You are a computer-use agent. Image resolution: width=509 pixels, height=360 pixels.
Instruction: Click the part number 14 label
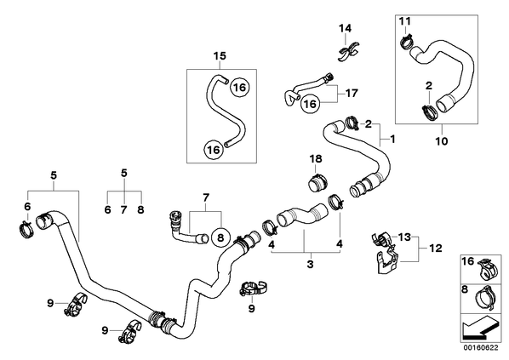(x=345, y=28)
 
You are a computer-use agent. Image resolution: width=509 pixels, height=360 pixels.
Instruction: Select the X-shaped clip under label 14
(x=348, y=52)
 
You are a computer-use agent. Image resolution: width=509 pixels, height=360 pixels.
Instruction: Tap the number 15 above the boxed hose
(x=220, y=56)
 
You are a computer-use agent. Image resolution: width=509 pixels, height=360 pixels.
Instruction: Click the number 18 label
(x=316, y=159)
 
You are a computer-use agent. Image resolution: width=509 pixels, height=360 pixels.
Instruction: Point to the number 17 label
(x=352, y=93)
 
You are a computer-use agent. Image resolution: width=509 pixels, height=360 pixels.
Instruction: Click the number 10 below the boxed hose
(x=442, y=141)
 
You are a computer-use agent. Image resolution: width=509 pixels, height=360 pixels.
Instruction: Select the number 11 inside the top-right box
(x=405, y=21)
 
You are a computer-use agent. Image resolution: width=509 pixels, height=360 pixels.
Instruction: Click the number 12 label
(x=436, y=249)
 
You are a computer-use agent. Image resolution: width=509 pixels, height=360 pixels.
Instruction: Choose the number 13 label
(x=405, y=237)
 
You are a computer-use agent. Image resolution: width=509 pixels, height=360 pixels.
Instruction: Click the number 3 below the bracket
(x=311, y=264)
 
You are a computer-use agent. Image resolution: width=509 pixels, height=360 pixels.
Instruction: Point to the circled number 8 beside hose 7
(x=220, y=238)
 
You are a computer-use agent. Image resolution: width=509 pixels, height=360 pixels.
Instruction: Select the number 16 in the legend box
(x=468, y=261)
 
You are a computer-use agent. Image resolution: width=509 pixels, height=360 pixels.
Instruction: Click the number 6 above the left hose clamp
(x=27, y=206)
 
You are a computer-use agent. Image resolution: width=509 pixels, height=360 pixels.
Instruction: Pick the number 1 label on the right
(x=392, y=140)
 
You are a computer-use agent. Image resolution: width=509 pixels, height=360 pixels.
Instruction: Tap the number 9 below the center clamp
(x=252, y=308)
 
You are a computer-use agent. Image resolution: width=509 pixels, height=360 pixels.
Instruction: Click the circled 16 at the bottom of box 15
(x=214, y=150)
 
